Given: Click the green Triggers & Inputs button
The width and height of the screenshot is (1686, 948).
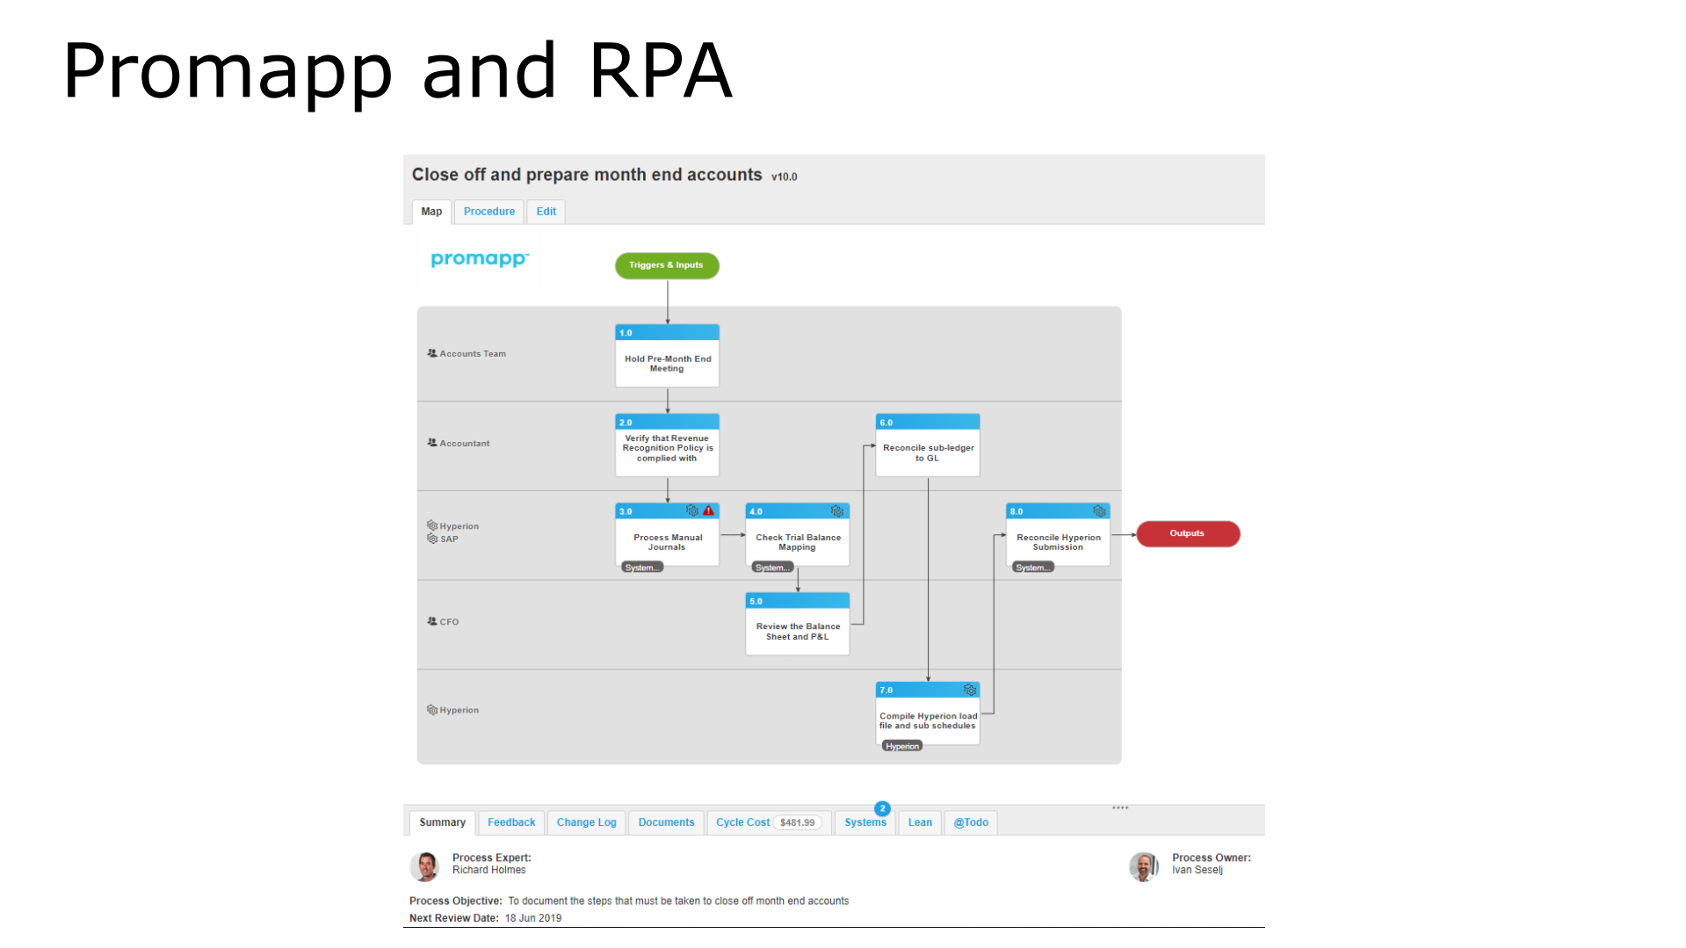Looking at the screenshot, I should (667, 265).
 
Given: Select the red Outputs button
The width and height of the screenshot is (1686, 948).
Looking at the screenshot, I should (1187, 534).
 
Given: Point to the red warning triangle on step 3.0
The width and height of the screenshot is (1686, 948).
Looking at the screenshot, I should (708, 511).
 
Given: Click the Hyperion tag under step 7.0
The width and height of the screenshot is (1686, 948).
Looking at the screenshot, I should (902, 747).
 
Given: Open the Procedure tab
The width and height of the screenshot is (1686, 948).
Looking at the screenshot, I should (488, 212).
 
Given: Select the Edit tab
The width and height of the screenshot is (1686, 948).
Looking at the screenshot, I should (546, 212).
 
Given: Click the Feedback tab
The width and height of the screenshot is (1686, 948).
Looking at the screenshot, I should (511, 823).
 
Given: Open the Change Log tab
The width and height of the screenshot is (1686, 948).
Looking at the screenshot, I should (586, 823).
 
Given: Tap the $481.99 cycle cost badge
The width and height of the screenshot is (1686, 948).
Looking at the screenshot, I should (797, 823).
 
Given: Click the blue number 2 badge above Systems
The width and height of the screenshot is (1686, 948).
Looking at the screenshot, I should (882, 808).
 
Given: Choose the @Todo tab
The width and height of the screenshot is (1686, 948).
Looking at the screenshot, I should (971, 823).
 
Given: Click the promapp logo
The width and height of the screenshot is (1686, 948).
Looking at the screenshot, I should (479, 259).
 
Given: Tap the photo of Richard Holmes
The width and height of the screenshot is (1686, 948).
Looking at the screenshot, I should (426, 866).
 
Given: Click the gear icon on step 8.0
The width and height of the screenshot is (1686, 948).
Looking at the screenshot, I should (1099, 511).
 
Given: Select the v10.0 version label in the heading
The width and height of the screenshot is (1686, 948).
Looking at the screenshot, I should (784, 177).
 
